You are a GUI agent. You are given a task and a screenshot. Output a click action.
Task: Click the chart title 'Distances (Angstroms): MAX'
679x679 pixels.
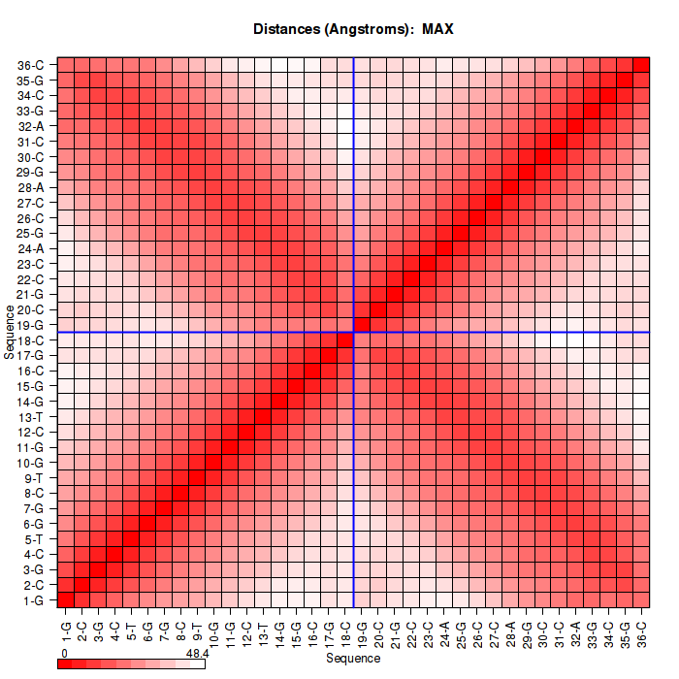(x=353, y=29)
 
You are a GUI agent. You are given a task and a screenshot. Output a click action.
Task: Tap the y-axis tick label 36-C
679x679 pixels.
(x=31, y=65)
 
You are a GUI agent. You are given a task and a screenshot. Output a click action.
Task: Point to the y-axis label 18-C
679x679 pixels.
(x=31, y=339)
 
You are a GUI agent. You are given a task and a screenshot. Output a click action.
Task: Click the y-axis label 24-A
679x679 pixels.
(x=31, y=248)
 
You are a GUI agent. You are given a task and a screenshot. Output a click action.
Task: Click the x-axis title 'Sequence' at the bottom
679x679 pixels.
(x=353, y=659)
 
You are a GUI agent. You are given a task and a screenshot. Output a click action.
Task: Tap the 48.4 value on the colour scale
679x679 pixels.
(x=198, y=655)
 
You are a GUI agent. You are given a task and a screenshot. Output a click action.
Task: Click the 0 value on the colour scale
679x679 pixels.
(x=64, y=655)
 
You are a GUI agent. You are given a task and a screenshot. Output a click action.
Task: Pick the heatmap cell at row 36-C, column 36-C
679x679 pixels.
(x=641, y=65)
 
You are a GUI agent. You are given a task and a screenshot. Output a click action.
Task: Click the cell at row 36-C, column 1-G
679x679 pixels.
(x=66, y=65)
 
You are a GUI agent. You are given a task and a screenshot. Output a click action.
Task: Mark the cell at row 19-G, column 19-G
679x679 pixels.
(x=362, y=324)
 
